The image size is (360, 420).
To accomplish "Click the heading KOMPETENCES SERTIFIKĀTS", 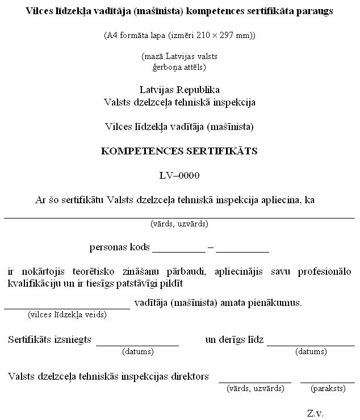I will tap(179, 152).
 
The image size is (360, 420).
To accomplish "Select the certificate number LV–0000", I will tap(179, 175).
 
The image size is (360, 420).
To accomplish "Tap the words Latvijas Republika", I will tap(179, 90).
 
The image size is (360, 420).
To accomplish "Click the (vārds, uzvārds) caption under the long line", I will tap(179, 224).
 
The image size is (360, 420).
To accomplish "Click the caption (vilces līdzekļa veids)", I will tap(67, 314).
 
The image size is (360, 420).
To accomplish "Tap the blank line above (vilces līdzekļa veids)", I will tap(67, 307).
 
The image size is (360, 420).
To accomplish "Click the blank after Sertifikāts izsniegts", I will tap(137, 343).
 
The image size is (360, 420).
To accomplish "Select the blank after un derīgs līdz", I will tap(311, 343).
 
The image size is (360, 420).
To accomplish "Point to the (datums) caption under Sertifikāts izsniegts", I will tap(138, 351).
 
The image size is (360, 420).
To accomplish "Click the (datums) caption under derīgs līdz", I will tap(311, 351).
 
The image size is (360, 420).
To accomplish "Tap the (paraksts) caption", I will tap(328, 389).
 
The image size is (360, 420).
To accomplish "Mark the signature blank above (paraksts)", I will tap(328, 381).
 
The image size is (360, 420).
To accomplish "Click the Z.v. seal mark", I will tap(315, 413).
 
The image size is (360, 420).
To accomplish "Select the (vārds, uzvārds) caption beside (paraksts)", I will tap(255, 389).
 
